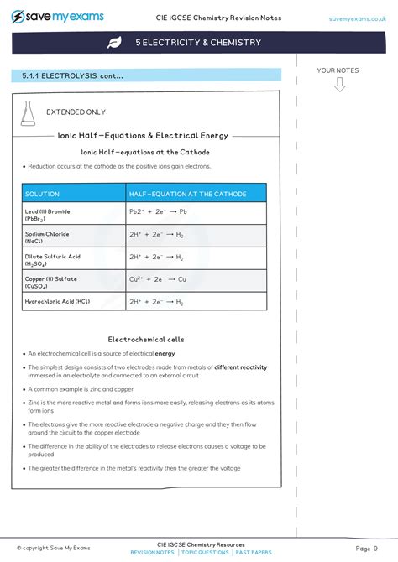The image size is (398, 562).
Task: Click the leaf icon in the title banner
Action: coord(114,43)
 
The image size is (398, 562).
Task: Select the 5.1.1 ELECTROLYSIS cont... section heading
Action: coord(73,76)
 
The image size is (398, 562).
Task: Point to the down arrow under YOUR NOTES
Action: coord(339,84)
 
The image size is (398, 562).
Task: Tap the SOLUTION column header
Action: coord(43,194)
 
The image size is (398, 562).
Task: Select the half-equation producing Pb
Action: coord(158,212)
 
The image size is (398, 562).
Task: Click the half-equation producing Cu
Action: coord(157,278)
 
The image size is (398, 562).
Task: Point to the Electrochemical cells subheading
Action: coord(146,340)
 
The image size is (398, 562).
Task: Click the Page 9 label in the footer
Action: coord(366,549)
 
